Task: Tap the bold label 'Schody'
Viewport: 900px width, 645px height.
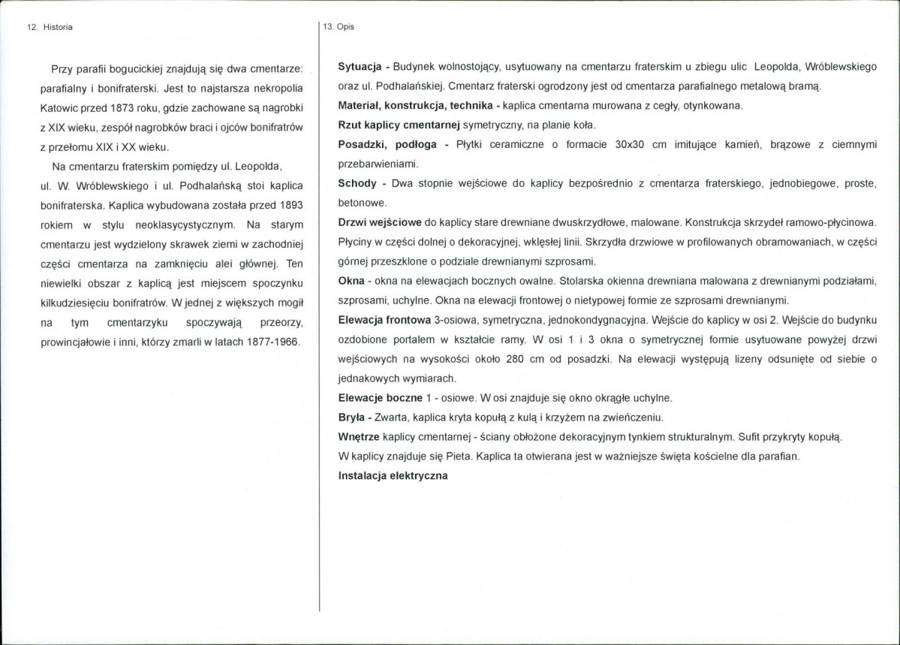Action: point(357,184)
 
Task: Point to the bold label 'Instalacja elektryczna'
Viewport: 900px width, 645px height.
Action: point(393,475)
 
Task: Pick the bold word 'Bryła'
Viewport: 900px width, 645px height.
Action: point(354,417)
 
